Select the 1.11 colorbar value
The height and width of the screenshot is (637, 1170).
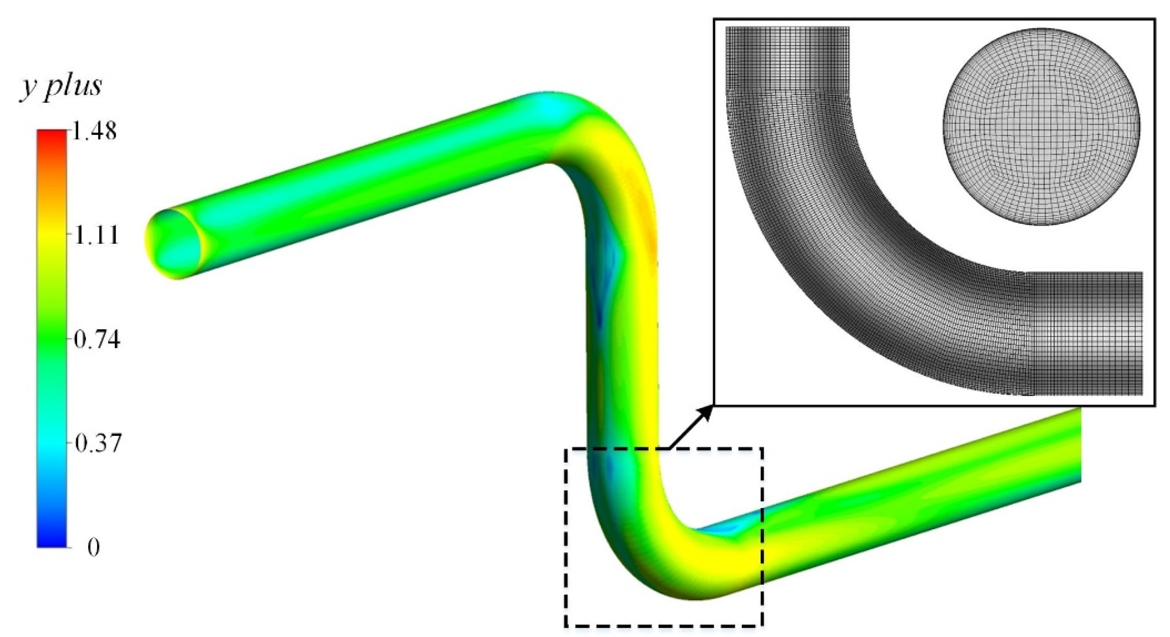pyautogui.click(x=95, y=236)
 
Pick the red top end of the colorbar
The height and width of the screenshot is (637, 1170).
pyautogui.click(x=52, y=136)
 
